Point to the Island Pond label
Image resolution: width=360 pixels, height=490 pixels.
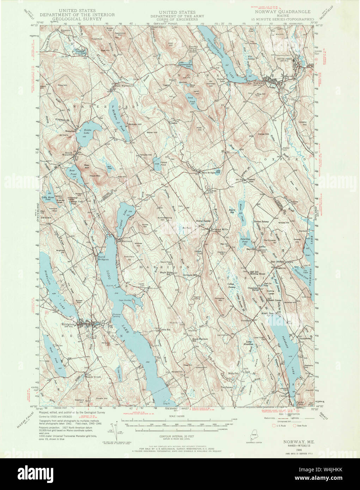[x=157, y=164]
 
